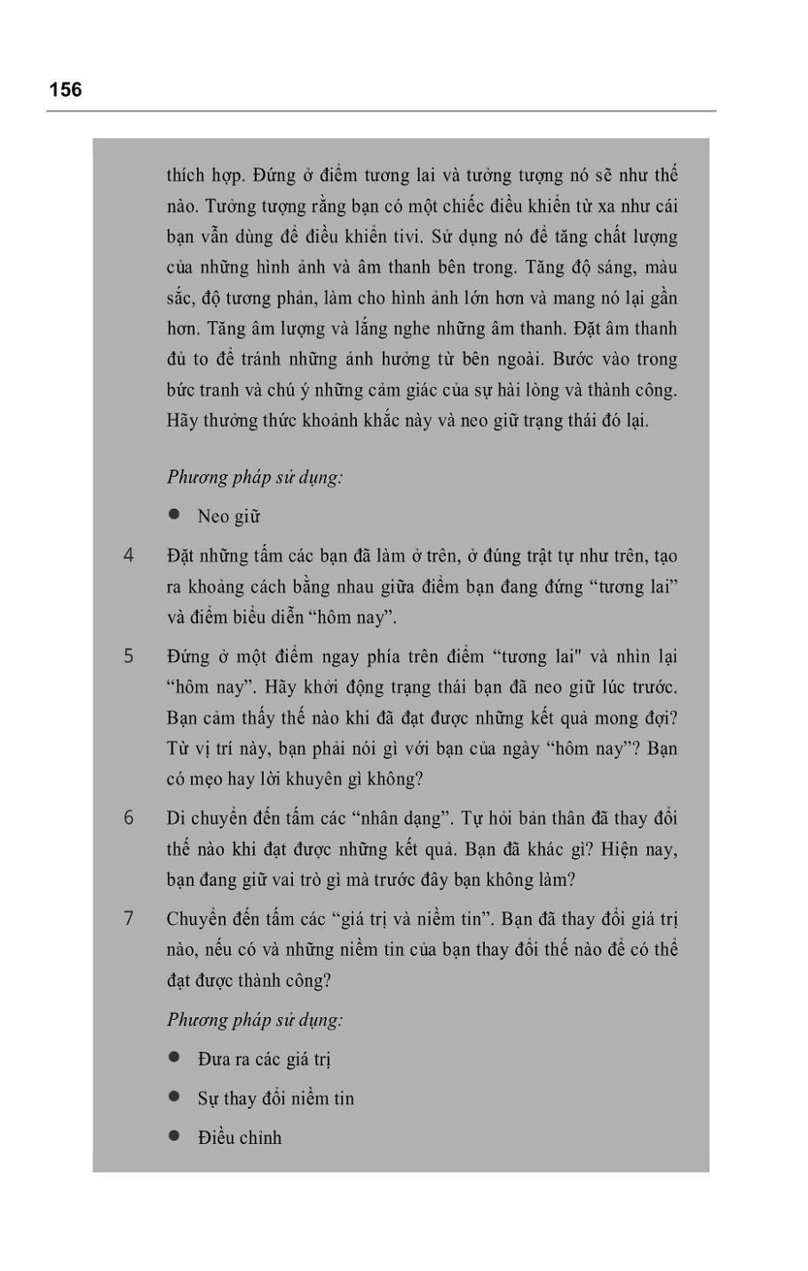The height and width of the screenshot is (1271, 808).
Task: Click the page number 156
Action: click(65, 90)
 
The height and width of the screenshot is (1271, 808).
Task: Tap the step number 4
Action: click(129, 556)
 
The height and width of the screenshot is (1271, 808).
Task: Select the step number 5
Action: click(129, 656)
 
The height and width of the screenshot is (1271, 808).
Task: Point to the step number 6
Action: click(129, 817)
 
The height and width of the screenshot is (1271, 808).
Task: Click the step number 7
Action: click(129, 918)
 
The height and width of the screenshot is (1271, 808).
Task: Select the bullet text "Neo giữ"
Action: click(228, 517)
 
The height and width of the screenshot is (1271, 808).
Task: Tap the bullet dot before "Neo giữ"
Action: click(174, 515)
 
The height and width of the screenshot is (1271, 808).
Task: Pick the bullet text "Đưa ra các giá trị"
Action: click(264, 1059)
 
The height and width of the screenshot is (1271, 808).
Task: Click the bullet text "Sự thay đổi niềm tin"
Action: click(275, 1099)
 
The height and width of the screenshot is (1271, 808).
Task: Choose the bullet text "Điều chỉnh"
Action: click(239, 1138)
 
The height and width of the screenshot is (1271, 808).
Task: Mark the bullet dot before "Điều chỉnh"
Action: click(174, 1136)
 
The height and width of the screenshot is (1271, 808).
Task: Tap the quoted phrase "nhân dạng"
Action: click(392, 817)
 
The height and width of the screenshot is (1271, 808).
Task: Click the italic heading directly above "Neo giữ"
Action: click(255, 477)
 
